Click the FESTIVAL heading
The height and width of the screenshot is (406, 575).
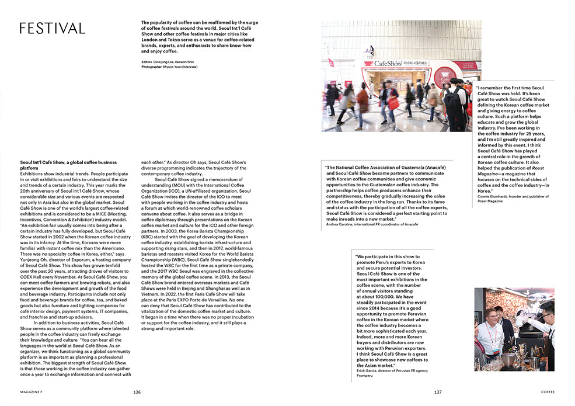point(52,28)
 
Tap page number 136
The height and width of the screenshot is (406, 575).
point(137,392)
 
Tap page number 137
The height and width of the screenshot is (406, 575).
point(438,392)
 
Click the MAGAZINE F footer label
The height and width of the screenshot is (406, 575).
point(30,392)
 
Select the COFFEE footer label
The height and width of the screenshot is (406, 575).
point(547,392)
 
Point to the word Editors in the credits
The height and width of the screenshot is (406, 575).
point(148,61)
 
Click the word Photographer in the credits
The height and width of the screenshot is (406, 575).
point(154,67)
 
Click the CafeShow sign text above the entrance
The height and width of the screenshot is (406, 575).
point(389,63)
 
